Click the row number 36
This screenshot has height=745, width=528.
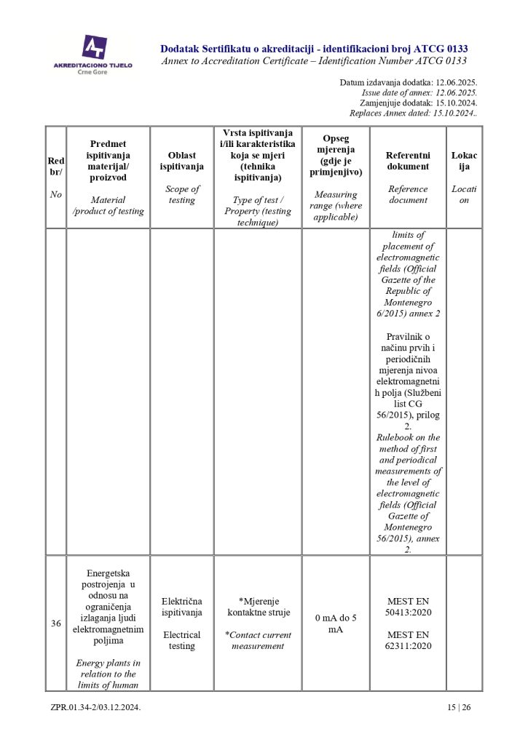(56, 623)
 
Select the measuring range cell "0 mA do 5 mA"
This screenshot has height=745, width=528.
(335, 624)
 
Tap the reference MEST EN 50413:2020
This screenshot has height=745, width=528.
(408, 607)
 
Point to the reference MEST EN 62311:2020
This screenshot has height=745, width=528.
(408, 640)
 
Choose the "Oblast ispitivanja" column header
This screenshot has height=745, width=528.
(182, 161)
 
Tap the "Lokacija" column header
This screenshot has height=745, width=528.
(464, 161)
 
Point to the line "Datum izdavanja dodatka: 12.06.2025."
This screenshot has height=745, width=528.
(408, 83)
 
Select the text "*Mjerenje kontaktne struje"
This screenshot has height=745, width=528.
(259, 607)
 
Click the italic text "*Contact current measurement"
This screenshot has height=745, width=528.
(258, 640)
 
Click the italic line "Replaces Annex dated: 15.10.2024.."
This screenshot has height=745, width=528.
(413, 113)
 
